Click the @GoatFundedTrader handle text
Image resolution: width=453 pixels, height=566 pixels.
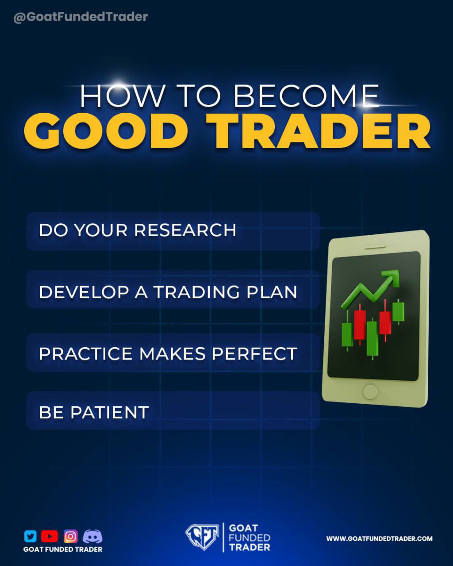pyautogui.click(x=81, y=17)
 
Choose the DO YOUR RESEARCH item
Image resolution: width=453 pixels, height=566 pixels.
pyautogui.click(x=138, y=230)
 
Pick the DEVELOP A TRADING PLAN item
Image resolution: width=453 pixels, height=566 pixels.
pyautogui.click(x=168, y=292)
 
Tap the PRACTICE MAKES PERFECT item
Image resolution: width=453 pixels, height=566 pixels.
pyautogui.click(x=168, y=354)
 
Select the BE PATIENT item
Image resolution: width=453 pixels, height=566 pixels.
pyautogui.click(x=94, y=412)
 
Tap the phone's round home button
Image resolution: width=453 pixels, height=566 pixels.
pyautogui.click(x=370, y=391)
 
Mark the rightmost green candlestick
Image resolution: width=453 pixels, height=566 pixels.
pyautogui.click(x=399, y=311)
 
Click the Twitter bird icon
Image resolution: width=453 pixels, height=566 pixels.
pyautogui.click(x=30, y=536)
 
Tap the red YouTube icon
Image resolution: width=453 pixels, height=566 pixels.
pyautogui.click(x=50, y=536)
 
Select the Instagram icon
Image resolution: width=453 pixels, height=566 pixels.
pyautogui.click(x=70, y=536)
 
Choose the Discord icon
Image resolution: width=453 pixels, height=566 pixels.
pyautogui.click(x=92, y=536)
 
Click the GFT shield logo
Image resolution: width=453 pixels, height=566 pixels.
pyautogui.click(x=202, y=536)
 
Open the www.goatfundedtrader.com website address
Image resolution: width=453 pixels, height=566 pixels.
pyautogui.click(x=379, y=539)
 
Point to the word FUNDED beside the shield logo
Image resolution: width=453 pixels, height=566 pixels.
pyautogui.click(x=250, y=538)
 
